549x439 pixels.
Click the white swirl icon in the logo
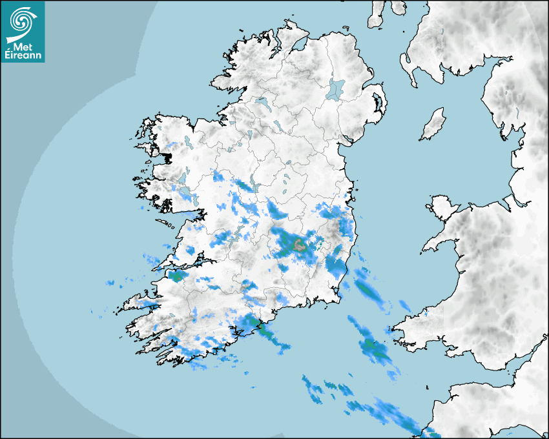click(21, 20)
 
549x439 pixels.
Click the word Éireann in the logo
click(23, 56)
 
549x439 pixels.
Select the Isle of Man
click(433, 125)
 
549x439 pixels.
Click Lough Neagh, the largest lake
click(336, 88)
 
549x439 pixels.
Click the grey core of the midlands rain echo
click(299, 245)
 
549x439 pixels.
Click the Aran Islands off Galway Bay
click(167, 225)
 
